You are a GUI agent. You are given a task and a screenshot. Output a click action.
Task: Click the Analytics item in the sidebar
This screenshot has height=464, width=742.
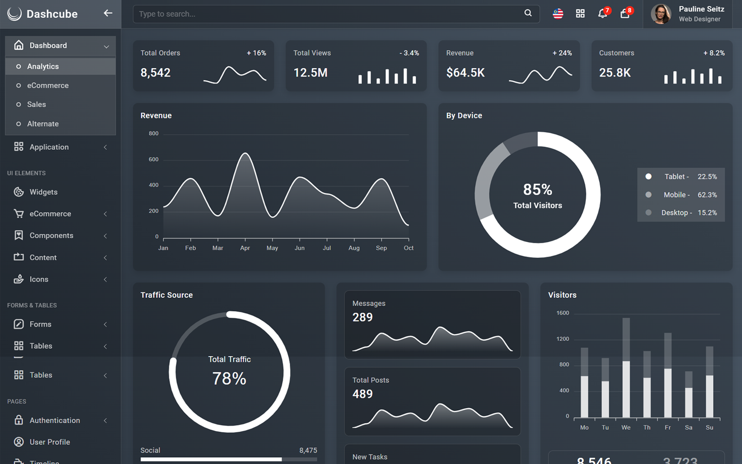tap(43, 66)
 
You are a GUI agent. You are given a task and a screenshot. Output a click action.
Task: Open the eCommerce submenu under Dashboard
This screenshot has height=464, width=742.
tap(47, 85)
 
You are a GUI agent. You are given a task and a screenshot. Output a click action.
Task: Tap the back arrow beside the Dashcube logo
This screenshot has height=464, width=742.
tap(108, 13)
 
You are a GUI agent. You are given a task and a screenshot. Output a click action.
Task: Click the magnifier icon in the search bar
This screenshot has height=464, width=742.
tap(528, 13)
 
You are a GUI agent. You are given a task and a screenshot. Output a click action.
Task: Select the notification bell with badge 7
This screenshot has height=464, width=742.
tap(602, 13)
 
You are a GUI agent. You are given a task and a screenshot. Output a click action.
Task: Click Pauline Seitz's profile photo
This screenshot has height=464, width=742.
tap(660, 14)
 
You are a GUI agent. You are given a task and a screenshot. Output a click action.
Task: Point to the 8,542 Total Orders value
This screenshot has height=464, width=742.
tap(155, 73)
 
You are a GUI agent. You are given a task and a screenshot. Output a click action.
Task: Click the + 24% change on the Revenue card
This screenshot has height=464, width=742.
tap(562, 53)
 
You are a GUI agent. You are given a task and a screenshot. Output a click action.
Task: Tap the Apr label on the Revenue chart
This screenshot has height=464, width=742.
tap(245, 248)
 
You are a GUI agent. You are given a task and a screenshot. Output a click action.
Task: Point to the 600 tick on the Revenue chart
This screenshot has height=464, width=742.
tap(154, 159)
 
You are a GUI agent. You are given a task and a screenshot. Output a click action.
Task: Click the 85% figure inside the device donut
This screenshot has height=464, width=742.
tap(537, 189)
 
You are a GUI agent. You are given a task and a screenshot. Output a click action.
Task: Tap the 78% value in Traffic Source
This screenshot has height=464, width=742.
tap(229, 379)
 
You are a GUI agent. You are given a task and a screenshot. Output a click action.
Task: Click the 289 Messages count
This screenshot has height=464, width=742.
tap(362, 317)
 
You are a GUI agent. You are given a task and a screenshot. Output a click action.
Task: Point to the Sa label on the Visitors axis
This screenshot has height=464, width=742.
tap(689, 427)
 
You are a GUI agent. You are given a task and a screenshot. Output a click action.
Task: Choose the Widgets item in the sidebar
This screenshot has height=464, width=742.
tap(43, 192)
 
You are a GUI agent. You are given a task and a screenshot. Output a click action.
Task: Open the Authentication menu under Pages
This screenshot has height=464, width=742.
tap(55, 420)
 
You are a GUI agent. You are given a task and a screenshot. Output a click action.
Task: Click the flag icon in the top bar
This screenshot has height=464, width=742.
tap(558, 13)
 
